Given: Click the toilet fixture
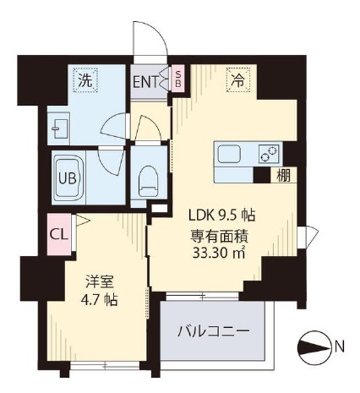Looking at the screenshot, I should tap(149, 179).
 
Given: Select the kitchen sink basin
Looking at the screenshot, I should tap(231, 155).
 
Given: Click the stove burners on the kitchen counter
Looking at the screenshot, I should tap(269, 154).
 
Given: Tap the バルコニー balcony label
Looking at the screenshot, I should tap(213, 331).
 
